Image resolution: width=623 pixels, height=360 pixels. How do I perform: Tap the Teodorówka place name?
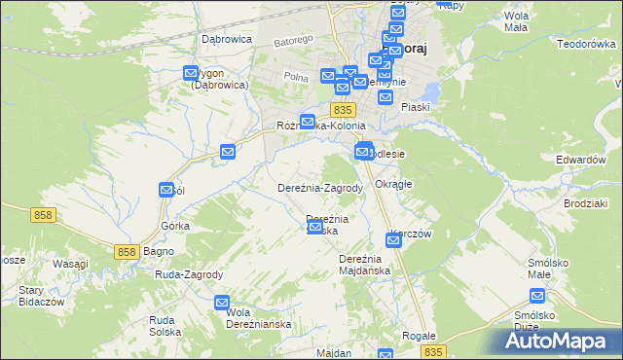587,44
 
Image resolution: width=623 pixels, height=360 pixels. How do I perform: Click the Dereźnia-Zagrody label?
320,188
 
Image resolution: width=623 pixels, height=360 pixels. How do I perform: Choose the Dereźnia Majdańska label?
364,264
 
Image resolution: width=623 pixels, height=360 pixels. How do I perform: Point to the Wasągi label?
70,264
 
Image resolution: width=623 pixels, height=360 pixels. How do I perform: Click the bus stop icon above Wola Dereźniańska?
222,303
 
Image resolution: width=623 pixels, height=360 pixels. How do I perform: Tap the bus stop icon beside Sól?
166,191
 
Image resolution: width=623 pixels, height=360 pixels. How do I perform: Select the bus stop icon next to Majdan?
385,355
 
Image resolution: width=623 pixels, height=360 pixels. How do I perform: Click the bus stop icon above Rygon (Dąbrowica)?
191,72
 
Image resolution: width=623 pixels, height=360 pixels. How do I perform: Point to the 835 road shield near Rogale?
433,351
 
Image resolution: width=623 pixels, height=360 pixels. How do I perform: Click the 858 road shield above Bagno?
126,252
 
